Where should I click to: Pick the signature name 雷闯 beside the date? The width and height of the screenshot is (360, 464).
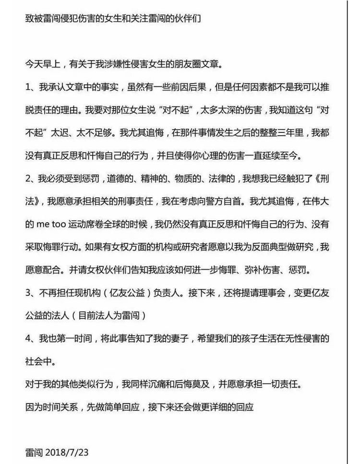(35, 452)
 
